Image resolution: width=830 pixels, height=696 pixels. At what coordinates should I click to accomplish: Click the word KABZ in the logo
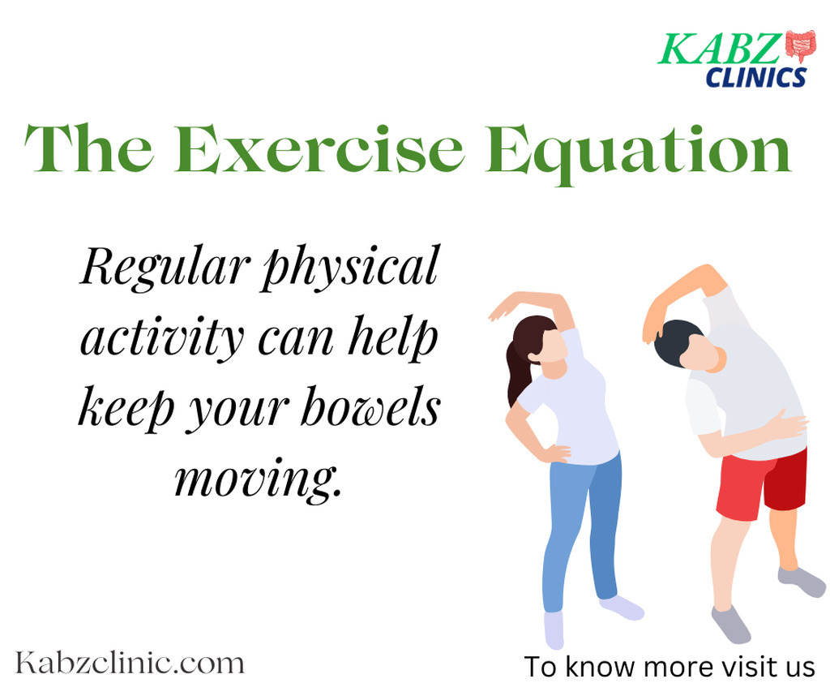click(x=721, y=49)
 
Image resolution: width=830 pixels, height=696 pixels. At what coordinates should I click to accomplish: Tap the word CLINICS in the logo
click(x=756, y=77)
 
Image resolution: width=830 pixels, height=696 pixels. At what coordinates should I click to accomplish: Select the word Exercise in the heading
click(x=319, y=148)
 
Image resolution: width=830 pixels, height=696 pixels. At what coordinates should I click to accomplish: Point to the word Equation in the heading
click(x=639, y=153)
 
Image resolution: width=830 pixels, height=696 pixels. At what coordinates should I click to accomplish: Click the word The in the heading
click(x=89, y=148)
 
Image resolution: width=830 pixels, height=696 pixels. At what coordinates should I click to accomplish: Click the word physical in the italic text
click(x=350, y=268)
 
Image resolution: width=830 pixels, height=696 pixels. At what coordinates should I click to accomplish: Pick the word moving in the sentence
click(x=258, y=479)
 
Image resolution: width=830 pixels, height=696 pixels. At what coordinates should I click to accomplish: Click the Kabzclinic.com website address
click(x=130, y=663)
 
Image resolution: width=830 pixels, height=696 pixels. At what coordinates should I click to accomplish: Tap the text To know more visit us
click(x=669, y=666)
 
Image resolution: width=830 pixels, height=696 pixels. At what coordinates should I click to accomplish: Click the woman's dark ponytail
click(x=519, y=371)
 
